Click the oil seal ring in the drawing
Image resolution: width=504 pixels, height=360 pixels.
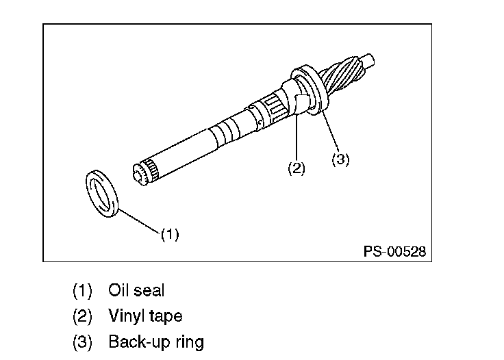tap(103, 192)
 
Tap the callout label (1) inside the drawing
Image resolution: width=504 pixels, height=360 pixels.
tap(170, 235)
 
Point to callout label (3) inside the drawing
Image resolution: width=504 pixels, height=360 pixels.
tap(340, 159)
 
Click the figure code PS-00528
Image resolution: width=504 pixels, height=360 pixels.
tap(394, 252)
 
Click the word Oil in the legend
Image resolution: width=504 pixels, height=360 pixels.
tap(118, 290)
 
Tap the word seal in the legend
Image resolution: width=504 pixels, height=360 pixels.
tap(149, 290)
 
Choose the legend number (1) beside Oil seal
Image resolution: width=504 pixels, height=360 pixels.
tap(82, 291)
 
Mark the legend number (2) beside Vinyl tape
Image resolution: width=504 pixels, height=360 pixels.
tap(82, 316)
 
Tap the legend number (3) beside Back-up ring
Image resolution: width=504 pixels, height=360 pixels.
tap(82, 342)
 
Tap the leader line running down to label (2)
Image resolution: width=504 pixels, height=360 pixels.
tap(296, 137)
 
